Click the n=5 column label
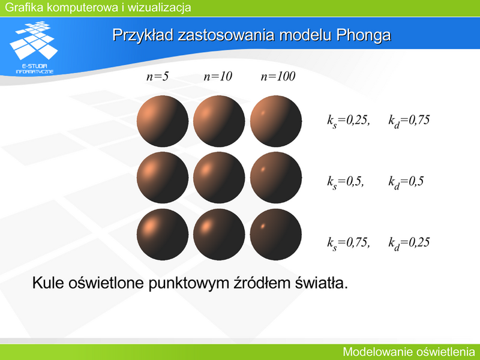(x=157, y=76)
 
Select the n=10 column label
(x=218, y=76)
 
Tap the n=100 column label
(x=278, y=76)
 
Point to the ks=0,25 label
(x=349, y=121)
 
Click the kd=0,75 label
(x=409, y=121)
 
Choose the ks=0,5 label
(x=346, y=182)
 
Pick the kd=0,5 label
(x=406, y=182)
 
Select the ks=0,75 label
(x=349, y=243)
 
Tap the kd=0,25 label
(x=409, y=243)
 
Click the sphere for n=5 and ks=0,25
(x=163, y=121)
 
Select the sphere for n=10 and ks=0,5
(x=219, y=178)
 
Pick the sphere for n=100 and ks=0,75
(x=276, y=235)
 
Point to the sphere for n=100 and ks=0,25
(x=276, y=121)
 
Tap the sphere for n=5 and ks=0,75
(x=163, y=235)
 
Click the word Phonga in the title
(x=364, y=35)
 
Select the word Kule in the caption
(x=48, y=283)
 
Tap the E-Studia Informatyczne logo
(x=34, y=47)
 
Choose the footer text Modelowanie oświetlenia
(x=409, y=352)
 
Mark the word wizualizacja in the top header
(x=159, y=7)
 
